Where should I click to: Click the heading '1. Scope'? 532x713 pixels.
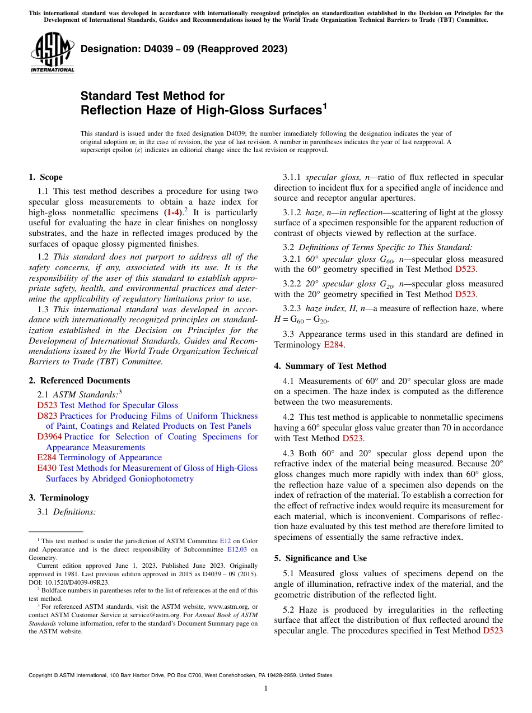point(45,177)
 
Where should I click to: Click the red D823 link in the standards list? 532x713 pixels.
point(47,416)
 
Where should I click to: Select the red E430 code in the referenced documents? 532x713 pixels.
point(46,468)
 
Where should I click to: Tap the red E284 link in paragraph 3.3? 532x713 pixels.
point(334,345)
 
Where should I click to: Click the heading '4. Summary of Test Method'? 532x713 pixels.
point(330,366)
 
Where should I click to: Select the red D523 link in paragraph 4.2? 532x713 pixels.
point(352,438)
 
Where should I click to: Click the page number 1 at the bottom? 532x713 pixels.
point(266,689)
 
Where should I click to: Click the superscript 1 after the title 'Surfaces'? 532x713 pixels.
point(325,105)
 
